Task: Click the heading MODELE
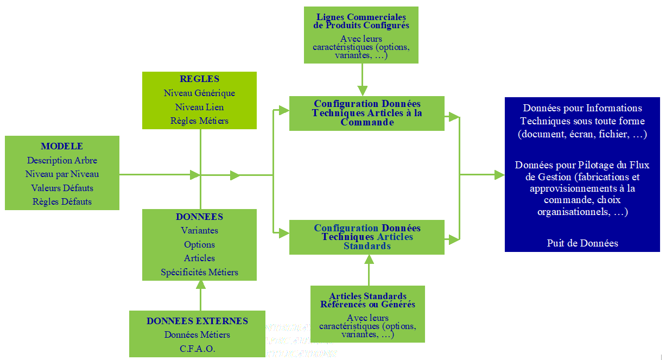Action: [x=62, y=146]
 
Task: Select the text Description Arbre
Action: [x=62, y=160]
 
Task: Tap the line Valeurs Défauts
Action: [x=62, y=188]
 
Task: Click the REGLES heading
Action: [x=199, y=79]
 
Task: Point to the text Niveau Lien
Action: [x=199, y=107]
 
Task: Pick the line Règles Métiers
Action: [x=199, y=121]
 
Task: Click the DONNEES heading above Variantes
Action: [x=199, y=217]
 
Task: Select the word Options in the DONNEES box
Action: [x=199, y=244]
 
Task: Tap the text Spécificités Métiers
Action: [x=199, y=272]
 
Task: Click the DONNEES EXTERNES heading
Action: [x=197, y=321]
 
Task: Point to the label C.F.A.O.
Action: [x=197, y=349]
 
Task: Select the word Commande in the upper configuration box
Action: [x=367, y=123]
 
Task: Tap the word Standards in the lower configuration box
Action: [x=367, y=246]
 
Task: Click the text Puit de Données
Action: [x=582, y=243]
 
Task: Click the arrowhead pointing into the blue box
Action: [x=499, y=175]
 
